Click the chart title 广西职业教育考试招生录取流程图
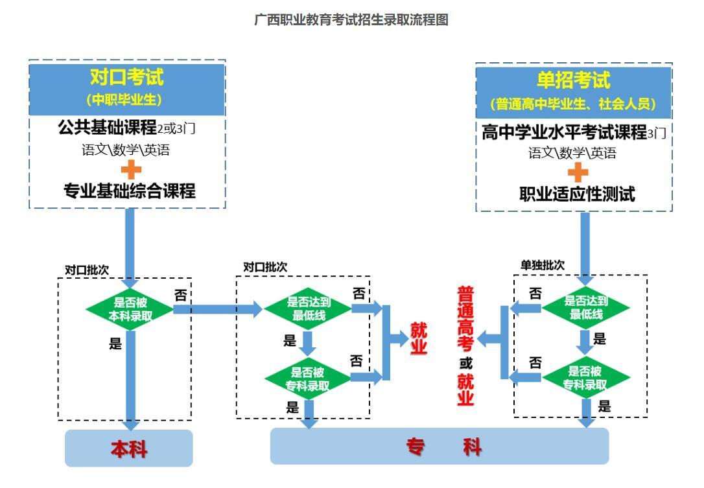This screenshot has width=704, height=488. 351,20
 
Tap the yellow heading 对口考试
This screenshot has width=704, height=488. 127,77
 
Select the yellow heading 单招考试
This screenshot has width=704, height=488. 574,80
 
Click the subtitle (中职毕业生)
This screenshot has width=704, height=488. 127,100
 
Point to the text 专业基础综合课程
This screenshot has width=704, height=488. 129,191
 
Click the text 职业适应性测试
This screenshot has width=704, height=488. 577,194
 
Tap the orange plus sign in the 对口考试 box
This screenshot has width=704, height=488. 130,170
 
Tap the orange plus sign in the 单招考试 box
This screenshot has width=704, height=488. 578,172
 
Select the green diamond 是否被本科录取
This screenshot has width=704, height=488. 130,309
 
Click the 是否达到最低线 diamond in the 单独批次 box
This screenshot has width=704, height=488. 586,307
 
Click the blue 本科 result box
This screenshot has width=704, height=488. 129,448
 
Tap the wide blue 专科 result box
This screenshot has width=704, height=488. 439,447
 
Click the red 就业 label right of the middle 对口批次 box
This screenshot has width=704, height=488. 419,338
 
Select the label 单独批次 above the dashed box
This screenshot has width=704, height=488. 542,266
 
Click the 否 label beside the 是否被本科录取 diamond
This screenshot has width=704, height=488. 181,296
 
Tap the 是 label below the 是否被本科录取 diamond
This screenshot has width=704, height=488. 115,343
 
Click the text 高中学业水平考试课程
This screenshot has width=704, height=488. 564,133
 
